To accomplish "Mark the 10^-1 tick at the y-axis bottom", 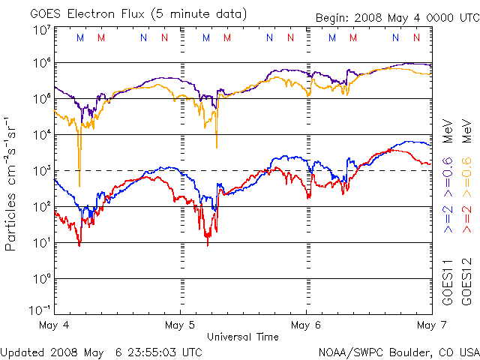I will click(x=40, y=309).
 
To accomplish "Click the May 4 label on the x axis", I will click(x=54, y=325).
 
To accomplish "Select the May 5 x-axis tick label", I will click(x=180, y=325).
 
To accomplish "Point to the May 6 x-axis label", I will click(x=306, y=325).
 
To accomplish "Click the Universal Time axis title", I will click(x=243, y=337).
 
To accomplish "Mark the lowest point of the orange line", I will click(x=79, y=185).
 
